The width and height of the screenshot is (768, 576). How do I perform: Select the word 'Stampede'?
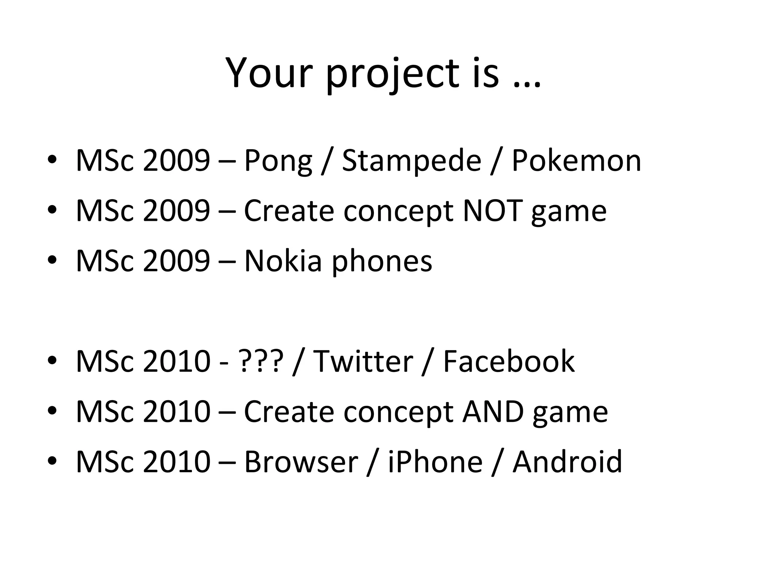click(x=411, y=161)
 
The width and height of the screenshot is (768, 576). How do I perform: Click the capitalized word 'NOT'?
click(x=492, y=211)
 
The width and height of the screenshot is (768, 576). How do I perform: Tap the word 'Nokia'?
click(x=283, y=261)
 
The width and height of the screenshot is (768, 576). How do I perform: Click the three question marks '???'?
click(x=260, y=361)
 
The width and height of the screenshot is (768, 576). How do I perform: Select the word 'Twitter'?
click(x=363, y=361)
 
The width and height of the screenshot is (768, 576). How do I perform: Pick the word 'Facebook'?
click(x=508, y=361)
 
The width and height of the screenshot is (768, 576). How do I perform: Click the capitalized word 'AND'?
click(x=493, y=412)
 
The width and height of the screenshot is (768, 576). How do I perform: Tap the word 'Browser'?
click(x=301, y=462)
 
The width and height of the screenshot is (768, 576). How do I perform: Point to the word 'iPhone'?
click(x=435, y=462)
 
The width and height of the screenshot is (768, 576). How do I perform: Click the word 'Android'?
click(x=567, y=462)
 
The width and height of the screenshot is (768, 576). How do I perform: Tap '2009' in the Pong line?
click(x=176, y=161)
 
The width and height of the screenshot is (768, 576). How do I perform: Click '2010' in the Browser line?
click(x=176, y=462)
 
